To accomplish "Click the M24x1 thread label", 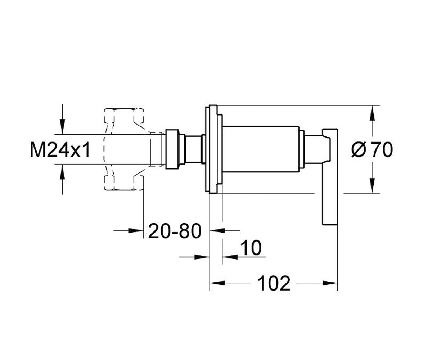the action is [60, 149].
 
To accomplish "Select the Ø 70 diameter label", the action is [372, 149].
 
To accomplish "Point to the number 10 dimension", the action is [251, 248].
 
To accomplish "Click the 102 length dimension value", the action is [274, 283].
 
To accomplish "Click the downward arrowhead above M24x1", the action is [62, 126].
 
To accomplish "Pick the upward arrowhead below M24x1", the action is [62, 172].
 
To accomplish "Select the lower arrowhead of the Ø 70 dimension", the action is [372, 185].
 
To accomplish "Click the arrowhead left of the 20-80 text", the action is [136, 230].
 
